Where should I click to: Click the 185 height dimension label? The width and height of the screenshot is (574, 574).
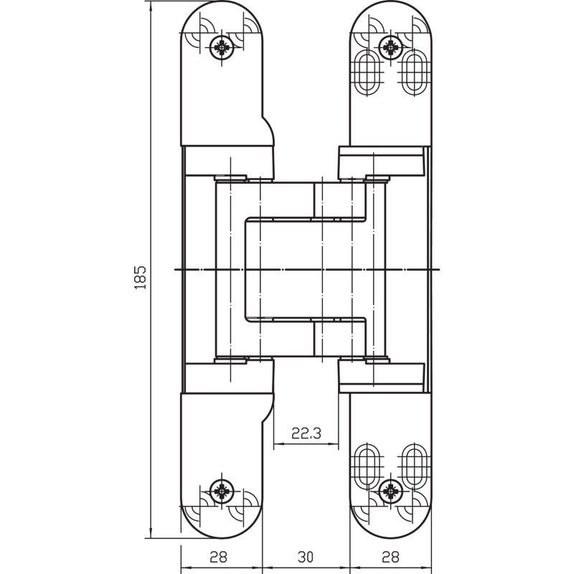coord(140,278)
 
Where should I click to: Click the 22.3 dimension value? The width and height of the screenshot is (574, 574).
coord(306,433)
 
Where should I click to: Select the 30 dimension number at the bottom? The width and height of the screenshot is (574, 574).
coord(306,557)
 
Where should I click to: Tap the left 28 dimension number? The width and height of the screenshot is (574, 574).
coord(219,557)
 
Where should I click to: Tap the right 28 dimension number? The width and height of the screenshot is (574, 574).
coord(390,557)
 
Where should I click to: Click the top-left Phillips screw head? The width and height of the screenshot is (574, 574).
coord(222,47)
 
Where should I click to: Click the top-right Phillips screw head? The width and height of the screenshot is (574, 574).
coord(390,47)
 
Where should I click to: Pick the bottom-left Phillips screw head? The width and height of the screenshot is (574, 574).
coord(222,491)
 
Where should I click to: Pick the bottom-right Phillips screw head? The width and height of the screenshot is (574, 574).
coord(390,491)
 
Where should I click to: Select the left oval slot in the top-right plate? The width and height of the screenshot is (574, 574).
coord(366,72)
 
